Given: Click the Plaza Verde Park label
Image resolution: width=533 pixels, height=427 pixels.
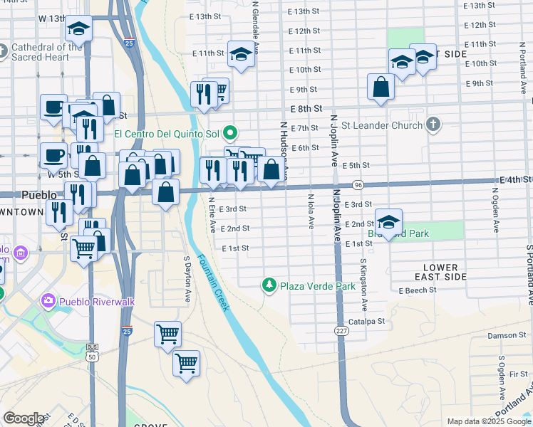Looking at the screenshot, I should pos(317,286).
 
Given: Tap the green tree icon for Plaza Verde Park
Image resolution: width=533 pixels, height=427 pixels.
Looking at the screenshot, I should pos(269,285).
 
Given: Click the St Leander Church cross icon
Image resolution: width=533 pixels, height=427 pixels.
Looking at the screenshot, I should pos(432,126).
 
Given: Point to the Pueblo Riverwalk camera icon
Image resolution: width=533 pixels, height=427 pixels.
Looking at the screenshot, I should pos(48,301).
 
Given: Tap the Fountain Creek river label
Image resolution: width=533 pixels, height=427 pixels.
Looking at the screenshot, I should pos(213,283).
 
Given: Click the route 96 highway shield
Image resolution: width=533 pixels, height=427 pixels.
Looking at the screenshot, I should pos(358,184).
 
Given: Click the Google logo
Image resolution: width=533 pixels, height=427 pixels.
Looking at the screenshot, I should pos(24,418).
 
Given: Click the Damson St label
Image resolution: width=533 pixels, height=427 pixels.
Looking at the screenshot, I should pos(506,335).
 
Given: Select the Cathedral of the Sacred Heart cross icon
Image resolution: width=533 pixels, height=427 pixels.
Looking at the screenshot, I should pos(4,51).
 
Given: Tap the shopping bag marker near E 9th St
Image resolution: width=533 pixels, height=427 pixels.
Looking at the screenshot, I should pos(381,87).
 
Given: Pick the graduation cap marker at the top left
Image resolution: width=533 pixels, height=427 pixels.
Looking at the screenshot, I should pos(78,29).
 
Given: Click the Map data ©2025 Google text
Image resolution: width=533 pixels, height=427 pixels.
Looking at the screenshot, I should pos(488,421).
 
